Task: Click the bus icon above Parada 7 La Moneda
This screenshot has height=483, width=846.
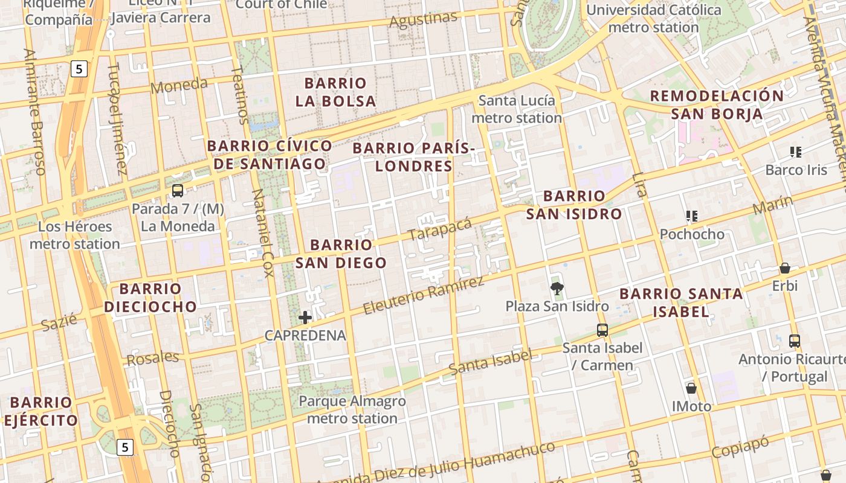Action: (177, 191)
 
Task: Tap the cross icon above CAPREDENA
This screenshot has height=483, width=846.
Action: (305, 317)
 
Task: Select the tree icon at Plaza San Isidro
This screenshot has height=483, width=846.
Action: (557, 288)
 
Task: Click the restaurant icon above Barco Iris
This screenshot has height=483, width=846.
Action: (795, 152)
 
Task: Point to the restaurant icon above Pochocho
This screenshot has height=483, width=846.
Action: (692, 216)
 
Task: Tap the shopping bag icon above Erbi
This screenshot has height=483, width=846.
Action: (784, 268)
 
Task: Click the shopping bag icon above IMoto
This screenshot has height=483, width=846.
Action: (691, 388)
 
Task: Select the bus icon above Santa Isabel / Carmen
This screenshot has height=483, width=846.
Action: (602, 330)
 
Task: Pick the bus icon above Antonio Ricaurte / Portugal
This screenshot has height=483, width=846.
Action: (795, 341)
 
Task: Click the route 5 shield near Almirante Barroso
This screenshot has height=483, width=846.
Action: (79, 69)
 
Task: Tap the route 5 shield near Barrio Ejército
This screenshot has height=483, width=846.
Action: (124, 447)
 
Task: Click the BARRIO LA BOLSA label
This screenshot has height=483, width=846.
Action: (335, 92)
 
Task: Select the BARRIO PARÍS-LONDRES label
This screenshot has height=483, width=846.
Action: (414, 156)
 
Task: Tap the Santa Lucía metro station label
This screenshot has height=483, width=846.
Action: (517, 109)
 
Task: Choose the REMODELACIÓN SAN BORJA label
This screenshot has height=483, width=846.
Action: (717, 104)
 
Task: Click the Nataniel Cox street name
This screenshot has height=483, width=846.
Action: (263, 232)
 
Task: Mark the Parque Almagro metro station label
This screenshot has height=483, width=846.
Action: (352, 409)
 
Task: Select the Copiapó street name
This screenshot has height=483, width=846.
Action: (740, 447)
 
